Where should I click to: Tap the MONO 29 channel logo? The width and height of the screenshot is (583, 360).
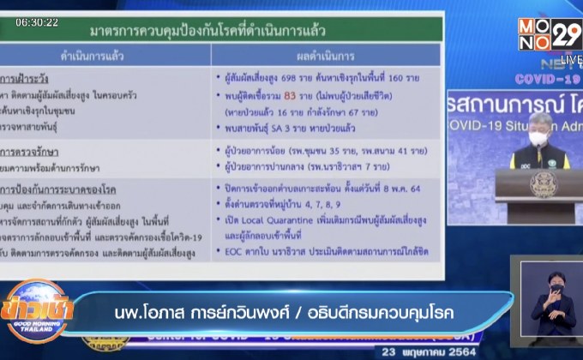point(549,35)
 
